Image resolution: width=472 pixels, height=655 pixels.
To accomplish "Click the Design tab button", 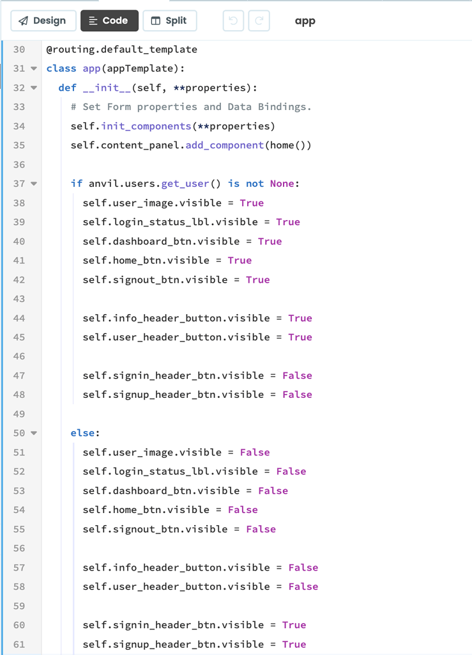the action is [x=43, y=21].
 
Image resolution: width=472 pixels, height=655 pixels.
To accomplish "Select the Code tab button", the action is [x=109, y=21].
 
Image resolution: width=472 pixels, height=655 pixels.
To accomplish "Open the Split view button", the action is [x=170, y=21].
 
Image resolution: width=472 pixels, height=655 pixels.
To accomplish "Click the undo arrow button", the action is [x=233, y=21].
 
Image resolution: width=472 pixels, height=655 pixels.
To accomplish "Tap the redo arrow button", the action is [x=259, y=21].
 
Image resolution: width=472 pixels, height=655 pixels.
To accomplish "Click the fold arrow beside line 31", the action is [x=34, y=68].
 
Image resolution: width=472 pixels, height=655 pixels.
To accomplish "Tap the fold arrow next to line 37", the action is [x=34, y=184].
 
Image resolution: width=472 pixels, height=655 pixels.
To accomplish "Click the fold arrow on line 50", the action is [x=34, y=433].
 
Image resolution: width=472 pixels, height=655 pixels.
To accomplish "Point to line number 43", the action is [x=19, y=299].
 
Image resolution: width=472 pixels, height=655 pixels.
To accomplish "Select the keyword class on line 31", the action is [x=61, y=68].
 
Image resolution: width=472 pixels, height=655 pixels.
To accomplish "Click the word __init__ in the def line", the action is [x=107, y=88].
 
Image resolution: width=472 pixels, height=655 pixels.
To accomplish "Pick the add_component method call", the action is [x=225, y=145].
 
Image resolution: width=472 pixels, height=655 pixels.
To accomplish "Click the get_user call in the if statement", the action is [x=185, y=184].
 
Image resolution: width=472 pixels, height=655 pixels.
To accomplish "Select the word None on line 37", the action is [x=282, y=184].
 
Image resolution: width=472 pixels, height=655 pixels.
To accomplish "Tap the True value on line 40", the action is [x=270, y=241].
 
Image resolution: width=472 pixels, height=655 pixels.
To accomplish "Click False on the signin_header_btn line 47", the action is [x=297, y=375].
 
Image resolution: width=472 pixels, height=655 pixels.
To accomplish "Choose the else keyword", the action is [x=82, y=433].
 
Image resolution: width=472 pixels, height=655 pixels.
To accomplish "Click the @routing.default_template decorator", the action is [x=122, y=50].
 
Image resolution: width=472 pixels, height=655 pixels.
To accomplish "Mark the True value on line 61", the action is [x=294, y=645].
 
